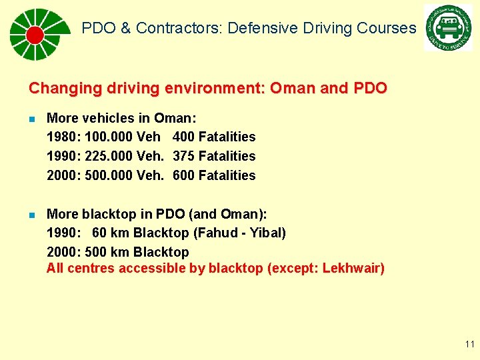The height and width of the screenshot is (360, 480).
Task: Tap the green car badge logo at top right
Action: tap(448, 28)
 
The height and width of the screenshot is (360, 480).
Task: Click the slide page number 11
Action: tap(469, 345)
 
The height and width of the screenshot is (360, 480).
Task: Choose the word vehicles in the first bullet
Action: tap(109, 118)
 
